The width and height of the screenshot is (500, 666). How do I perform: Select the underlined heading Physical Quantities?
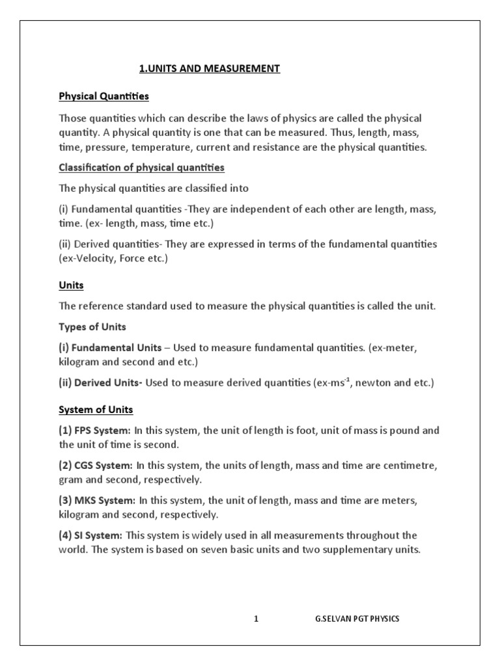[104, 96]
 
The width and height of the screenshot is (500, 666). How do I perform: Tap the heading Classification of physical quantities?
[141, 168]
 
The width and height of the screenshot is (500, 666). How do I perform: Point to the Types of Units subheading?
[92, 326]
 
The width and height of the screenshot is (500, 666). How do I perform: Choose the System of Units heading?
[96, 410]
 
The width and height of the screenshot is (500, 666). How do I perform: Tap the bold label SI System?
[98, 535]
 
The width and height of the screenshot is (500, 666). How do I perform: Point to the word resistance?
[318, 147]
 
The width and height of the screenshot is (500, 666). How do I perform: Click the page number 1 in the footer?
[257, 619]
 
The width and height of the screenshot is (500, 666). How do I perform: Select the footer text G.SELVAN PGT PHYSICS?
[357, 619]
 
